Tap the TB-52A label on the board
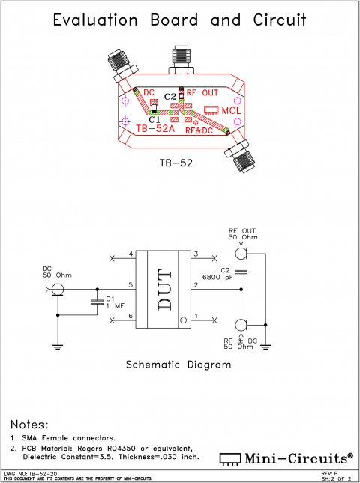tap(156, 127)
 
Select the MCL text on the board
tap(226, 111)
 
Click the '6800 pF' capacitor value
tap(233, 276)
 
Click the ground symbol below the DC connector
tap(57, 346)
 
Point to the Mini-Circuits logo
tap(286, 457)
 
